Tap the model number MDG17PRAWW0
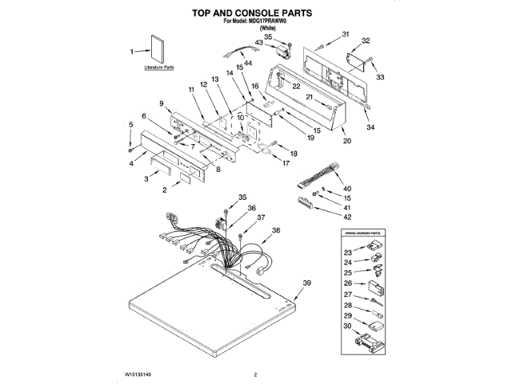tap(270, 24)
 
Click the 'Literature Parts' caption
tap(158, 68)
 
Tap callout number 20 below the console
tap(346, 141)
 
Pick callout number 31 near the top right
tap(346, 34)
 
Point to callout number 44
tap(248, 62)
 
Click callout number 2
tap(164, 191)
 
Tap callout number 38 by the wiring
tap(276, 230)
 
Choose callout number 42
tap(347, 217)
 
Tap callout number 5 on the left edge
tap(130, 125)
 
